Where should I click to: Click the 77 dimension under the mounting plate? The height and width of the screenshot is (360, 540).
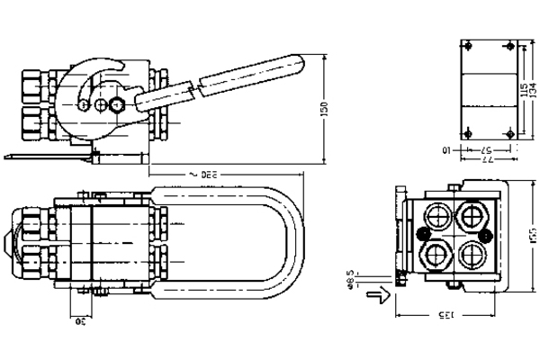(x=486, y=158)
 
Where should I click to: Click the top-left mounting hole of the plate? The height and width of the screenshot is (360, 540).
(x=466, y=46)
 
